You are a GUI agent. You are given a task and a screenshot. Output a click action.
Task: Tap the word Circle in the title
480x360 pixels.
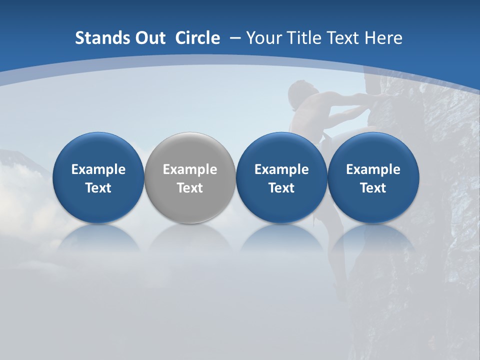click(x=197, y=38)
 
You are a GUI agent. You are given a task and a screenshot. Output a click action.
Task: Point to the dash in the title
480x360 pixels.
click(x=235, y=38)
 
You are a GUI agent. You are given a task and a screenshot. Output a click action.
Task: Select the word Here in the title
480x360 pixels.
click(x=384, y=38)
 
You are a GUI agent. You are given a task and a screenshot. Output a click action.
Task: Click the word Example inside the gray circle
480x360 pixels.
click(x=190, y=169)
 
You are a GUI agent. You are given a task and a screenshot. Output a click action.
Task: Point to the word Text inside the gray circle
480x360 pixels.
click(x=190, y=188)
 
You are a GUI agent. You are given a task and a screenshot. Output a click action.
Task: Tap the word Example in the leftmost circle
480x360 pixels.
click(x=98, y=169)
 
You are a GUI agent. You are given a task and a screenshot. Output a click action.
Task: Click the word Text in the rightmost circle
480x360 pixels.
click(x=373, y=188)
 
